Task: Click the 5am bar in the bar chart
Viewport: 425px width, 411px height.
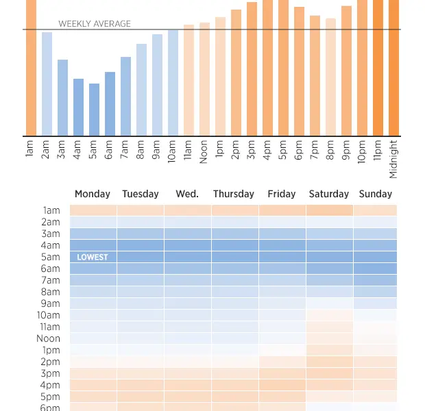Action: (94, 110)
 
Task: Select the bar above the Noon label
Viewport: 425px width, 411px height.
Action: (204, 79)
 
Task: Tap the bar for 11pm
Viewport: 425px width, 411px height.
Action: (378, 68)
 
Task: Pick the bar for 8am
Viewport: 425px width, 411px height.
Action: (141, 90)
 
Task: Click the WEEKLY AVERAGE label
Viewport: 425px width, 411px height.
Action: (95, 24)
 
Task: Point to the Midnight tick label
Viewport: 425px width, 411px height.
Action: (393, 159)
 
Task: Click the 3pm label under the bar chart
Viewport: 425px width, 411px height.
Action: (252, 149)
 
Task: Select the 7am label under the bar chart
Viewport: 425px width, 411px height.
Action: (125, 149)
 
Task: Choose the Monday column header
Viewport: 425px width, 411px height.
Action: (93, 194)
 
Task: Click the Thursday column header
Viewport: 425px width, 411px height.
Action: (234, 194)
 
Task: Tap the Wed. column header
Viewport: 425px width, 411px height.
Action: (187, 194)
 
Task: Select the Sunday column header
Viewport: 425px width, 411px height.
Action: (376, 194)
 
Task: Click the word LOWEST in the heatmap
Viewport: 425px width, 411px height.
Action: (93, 258)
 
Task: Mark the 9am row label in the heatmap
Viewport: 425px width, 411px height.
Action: (51, 303)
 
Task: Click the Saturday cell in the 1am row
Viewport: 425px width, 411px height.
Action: (329, 210)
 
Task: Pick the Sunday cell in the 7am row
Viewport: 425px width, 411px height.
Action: (376, 280)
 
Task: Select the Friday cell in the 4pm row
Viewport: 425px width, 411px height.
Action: (282, 385)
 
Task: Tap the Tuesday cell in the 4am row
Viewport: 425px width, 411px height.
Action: (140, 245)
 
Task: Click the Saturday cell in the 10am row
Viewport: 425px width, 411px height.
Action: (329, 315)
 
